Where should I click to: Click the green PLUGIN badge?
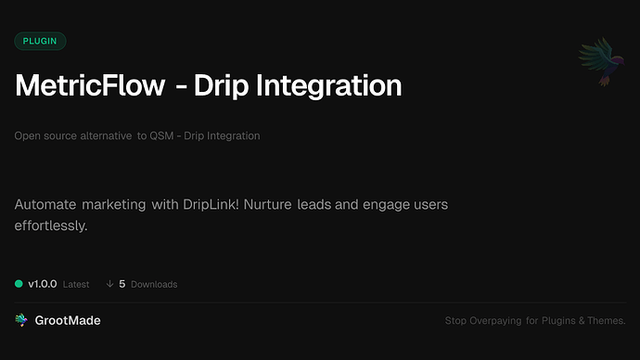(40, 41)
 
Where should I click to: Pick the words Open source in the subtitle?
(43, 136)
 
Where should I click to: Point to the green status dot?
(19, 284)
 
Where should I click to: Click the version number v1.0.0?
(45, 284)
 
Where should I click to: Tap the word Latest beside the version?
(76, 284)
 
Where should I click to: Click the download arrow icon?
(109, 284)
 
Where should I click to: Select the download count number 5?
(122, 284)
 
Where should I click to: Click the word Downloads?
(154, 284)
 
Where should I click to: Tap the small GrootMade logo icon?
(20, 320)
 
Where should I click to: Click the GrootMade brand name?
(68, 320)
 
